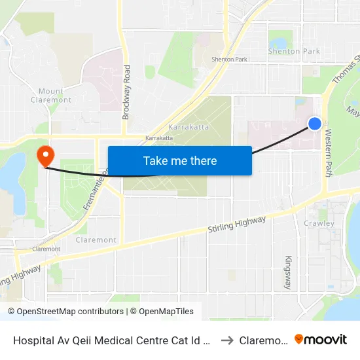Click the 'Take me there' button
click(179, 160)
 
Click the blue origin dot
click(315, 123)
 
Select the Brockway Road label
click(126, 92)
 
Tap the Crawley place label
click(319, 223)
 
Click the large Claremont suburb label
click(96, 240)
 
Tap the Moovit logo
click(321, 339)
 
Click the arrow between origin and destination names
click(227, 340)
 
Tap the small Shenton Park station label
click(229, 60)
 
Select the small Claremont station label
click(46, 249)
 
